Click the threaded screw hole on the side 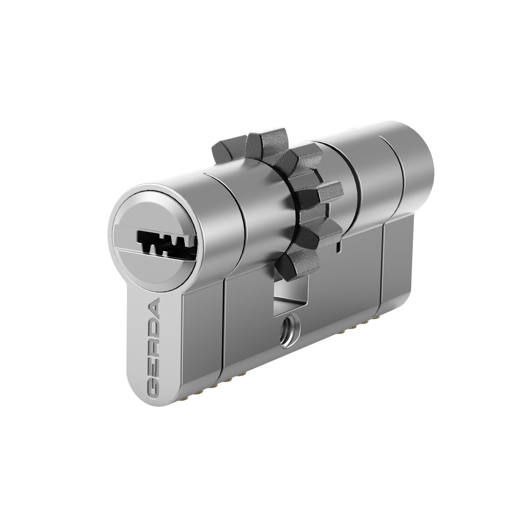pos(290,331)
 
